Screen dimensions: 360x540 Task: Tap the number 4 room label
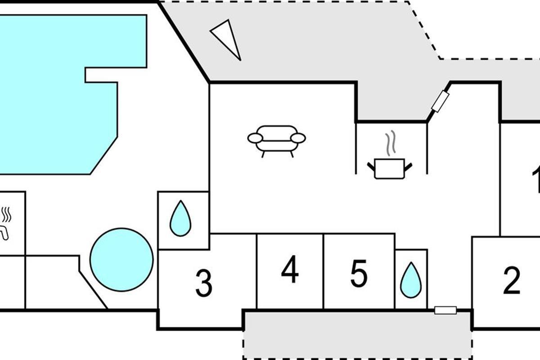pyautogui.click(x=290, y=270)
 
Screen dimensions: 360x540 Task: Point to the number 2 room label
pyautogui.click(x=512, y=280)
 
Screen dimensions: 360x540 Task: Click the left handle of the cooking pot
pyautogui.click(x=372, y=166)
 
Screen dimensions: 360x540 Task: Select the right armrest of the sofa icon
pyautogui.click(x=298, y=138)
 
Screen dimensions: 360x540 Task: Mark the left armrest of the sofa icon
pyautogui.click(x=255, y=138)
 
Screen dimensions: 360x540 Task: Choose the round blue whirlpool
pyautogui.click(x=121, y=260)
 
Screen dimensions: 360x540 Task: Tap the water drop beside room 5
pyautogui.click(x=411, y=280)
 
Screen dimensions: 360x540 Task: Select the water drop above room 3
pyautogui.click(x=180, y=219)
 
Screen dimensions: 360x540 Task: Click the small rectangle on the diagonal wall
pyautogui.click(x=440, y=101)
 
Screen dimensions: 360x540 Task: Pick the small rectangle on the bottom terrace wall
pyautogui.click(x=445, y=310)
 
